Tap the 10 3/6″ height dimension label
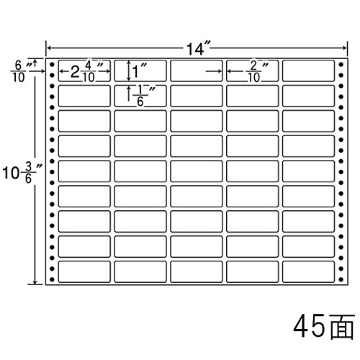(22, 173)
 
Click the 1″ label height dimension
(139, 71)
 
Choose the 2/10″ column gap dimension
(258, 71)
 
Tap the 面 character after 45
(341, 326)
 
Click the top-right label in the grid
(308, 71)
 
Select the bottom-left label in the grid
(84, 271)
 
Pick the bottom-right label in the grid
(308, 271)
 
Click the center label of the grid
(197, 171)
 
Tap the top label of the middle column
(197, 71)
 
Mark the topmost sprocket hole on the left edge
(52, 64)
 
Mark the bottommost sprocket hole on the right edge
(341, 279)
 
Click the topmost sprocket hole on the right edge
(341, 64)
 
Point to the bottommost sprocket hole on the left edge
(52, 279)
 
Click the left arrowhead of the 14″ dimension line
(49, 48)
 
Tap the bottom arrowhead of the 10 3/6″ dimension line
(35, 282)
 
